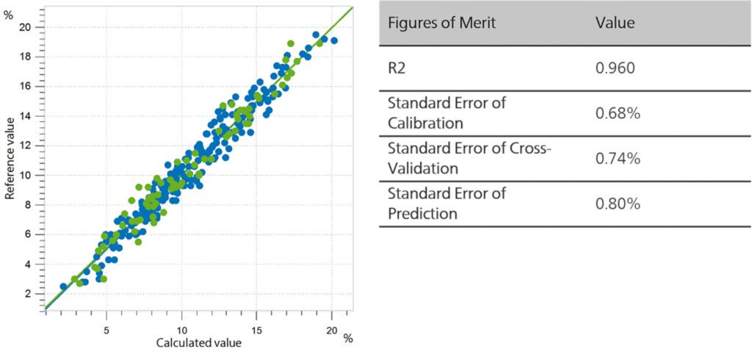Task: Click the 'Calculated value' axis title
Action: (x=199, y=342)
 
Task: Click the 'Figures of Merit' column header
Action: (x=441, y=23)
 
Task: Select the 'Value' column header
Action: (x=615, y=23)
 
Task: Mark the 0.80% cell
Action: (x=615, y=204)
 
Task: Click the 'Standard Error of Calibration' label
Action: (x=446, y=112)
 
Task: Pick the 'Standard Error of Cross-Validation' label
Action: (x=469, y=158)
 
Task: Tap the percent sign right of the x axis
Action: (x=349, y=338)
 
